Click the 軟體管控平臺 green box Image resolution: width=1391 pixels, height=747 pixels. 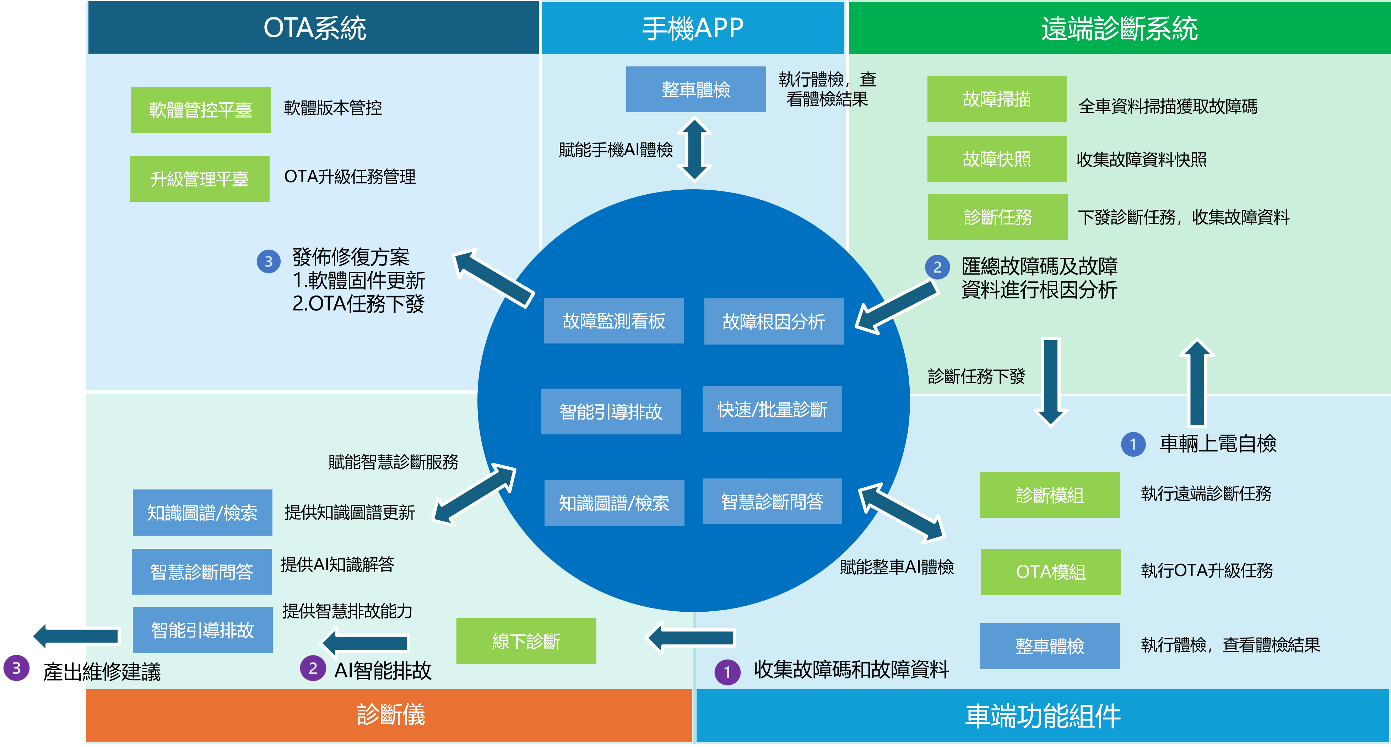pyautogui.click(x=200, y=110)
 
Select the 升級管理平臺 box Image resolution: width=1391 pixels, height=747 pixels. pyautogui.click(x=199, y=179)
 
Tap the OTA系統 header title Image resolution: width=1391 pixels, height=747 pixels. pyautogui.click(x=314, y=28)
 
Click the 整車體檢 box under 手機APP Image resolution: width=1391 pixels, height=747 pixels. pyautogui.click(x=695, y=90)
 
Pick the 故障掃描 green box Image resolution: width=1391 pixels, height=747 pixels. pyautogui.click(x=997, y=99)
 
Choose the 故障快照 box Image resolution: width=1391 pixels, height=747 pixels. pyautogui.click(x=997, y=159)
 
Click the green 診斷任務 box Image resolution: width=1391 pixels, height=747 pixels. pyautogui.click(x=997, y=217)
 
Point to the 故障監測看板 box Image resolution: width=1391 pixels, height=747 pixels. pyautogui.click(x=613, y=321)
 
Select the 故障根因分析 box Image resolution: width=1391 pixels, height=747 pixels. pyautogui.click(x=773, y=321)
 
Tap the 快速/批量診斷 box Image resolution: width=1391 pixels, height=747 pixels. pyautogui.click(x=772, y=410)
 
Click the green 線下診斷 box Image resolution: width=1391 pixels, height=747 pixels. pyautogui.click(x=526, y=641)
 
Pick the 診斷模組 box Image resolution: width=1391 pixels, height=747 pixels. pyautogui.click(x=1049, y=495)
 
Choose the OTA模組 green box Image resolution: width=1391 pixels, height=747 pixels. pyautogui.click(x=1050, y=572)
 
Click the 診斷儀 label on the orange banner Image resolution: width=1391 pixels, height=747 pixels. pyautogui.click(x=390, y=715)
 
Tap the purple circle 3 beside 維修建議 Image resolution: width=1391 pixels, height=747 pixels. pyautogui.click(x=16, y=668)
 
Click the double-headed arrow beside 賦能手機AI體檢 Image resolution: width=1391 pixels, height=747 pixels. pyautogui.click(x=694, y=149)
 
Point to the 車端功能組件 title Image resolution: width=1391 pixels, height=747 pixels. pyautogui.click(x=1043, y=716)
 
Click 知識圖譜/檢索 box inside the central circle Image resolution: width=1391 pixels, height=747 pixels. pyautogui.click(x=614, y=503)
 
